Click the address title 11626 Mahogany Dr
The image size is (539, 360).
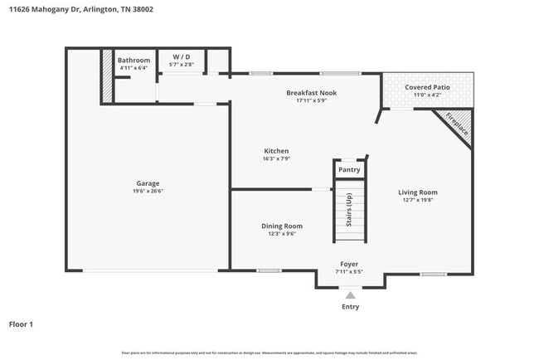coord(81,10)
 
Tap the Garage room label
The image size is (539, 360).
coord(148,183)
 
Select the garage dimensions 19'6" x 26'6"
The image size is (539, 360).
coord(148,192)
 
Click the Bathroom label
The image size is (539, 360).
coord(134,61)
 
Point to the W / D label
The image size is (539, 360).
coord(182,56)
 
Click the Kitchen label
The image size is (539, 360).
coord(275,151)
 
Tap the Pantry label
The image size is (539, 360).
coord(349,170)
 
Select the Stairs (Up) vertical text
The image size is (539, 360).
coord(348,210)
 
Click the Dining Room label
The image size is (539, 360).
coord(282,226)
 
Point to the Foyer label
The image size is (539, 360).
coord(349,264)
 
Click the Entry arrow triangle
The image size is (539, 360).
coord(351,294)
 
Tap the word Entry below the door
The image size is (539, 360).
coord(351,307)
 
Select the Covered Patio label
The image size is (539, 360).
coord(428,87)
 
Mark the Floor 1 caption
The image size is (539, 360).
coord(21,324)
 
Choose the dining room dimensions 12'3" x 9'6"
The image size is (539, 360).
coord(282,234)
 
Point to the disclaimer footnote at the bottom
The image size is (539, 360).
coord(269,353)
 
